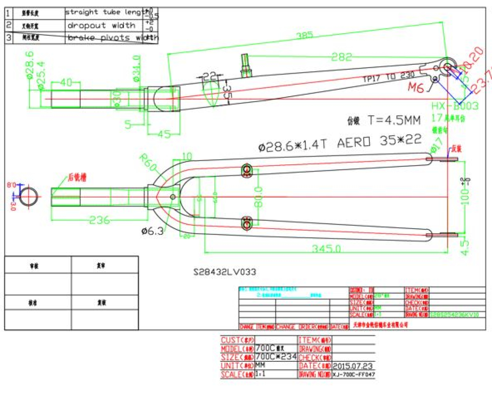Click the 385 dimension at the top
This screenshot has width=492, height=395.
pyautogui.click(x=305, y=36)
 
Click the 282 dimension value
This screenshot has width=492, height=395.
pyautogui.click(x=342, y=57)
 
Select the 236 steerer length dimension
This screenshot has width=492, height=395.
pyautogui.click(x=100, y=220)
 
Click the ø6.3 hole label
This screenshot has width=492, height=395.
pyautogui.click(x=153, y=231)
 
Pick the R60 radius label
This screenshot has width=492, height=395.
pyautogui.click(x=148, y=163)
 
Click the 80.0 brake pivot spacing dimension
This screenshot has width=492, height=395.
pyautogui.click(x=258, y=197)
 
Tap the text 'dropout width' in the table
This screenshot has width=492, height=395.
pyautogui.click(x=101, y=25)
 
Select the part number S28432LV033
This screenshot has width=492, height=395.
pyautogui.click(x=225, y=272)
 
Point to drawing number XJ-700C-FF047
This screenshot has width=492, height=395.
pyautogui.click(x=354, y=375)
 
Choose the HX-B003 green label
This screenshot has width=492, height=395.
pyautogui.click(x=455, y=106)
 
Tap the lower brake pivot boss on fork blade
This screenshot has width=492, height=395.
pyautogui.click(x=246, y=224)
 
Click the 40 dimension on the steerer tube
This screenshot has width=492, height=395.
pyautogui.click(x=66, y=82)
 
